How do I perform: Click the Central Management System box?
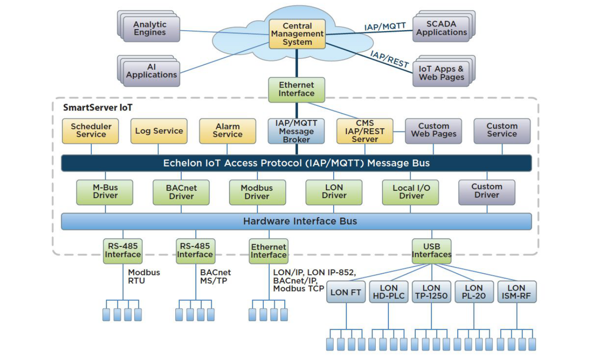[297, 34]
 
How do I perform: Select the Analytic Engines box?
[150, 29]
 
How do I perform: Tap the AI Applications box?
[152, 71]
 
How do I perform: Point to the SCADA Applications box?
[441, 28]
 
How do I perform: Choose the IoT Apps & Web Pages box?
[441, 73]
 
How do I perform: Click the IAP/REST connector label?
[389, 59]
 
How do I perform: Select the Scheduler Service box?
[91, 130]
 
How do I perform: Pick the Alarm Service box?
[227, 130]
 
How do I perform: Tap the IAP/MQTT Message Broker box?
[296, 131]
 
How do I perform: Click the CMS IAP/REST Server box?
[365, 131]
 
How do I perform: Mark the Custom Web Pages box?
[433, 130]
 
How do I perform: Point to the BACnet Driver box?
[181, 192]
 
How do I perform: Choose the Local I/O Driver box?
[411, 192]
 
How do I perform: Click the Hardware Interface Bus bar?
[296, 222]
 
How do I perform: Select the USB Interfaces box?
[431, 251]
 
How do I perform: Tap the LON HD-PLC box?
[389, 292]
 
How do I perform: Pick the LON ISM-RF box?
[516, 292]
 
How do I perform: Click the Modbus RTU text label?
[144, 277]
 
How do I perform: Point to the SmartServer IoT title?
[98, 108]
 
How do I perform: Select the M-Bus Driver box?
[105, 192]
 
